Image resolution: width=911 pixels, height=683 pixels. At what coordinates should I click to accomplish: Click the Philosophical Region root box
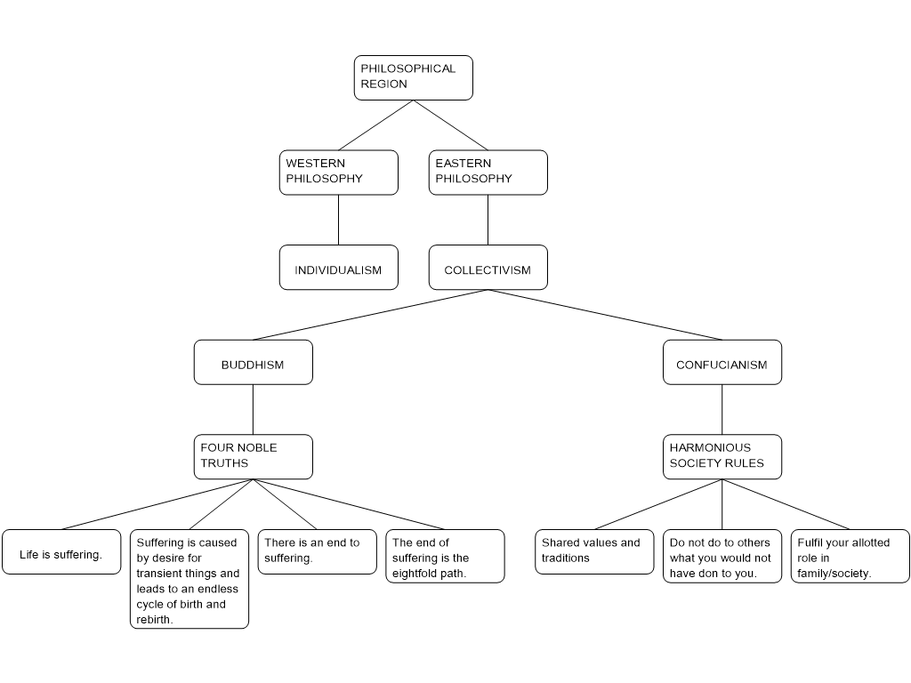[413, 78]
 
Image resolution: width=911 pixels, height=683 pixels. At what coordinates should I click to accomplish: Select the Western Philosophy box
[339, 173]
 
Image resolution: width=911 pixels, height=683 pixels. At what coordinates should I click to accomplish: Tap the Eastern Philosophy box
[488, 173]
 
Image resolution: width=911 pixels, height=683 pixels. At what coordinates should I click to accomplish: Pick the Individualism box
[339, 267]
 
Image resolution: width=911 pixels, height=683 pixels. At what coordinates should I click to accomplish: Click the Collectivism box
[488, 267]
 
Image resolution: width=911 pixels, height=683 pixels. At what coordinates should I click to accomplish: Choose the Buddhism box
[254, 363]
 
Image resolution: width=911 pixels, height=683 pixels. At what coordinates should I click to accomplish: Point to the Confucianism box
[722, 363]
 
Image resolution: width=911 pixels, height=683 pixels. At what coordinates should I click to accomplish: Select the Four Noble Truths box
[254, 457]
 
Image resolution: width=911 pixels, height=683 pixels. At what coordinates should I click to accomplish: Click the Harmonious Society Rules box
[722, 457]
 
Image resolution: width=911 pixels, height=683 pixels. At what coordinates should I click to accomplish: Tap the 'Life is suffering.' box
[61, 551]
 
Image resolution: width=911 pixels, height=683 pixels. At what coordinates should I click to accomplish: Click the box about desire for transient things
[189, 579]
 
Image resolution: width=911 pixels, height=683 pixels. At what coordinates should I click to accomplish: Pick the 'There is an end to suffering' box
[318, 551]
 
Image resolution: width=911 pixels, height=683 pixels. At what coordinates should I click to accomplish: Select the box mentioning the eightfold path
[445, 556]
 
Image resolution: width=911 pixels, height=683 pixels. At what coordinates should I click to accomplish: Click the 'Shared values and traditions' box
[594, 551]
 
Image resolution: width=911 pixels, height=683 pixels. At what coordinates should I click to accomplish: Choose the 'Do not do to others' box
[722, 556]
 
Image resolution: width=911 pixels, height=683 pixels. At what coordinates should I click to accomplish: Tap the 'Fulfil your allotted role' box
[850, 556]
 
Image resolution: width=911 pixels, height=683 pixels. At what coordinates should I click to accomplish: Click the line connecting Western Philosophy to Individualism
[339, 221]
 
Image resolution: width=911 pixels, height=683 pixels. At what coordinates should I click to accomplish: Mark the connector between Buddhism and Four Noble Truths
[254, 409]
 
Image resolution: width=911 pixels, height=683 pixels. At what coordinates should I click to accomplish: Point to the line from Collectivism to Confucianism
[605, 315]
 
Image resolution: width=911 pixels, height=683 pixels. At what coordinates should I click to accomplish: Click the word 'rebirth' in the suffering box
[153, 620]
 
